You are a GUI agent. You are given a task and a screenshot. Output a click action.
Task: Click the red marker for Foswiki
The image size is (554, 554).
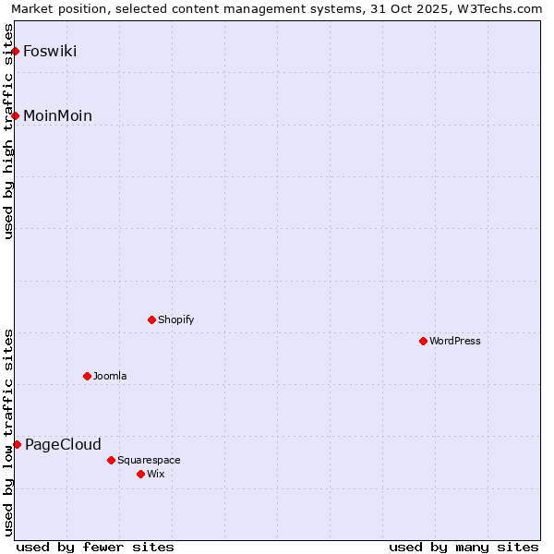coord(16,51)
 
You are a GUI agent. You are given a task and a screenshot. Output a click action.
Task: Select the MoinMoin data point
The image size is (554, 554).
coord(16,115)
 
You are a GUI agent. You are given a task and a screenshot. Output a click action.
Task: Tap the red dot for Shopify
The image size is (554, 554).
coord(151,319)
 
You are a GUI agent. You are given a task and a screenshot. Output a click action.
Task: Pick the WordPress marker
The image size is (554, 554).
coord(423,341)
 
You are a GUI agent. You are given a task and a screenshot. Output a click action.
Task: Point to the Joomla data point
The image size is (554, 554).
coord(87,376)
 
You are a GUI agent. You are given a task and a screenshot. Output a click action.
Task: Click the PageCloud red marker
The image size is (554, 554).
coord(17,444)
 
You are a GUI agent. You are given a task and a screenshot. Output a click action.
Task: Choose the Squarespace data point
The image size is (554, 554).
coord(111,460)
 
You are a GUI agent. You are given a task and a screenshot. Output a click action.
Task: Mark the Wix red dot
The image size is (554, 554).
coord(140,474)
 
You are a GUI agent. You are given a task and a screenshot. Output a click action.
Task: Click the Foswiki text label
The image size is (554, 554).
coord(50,51)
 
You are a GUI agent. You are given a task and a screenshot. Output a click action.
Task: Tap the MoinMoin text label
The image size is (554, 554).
coord(57,115)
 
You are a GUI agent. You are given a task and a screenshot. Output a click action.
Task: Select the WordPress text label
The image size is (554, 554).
coord(454,341)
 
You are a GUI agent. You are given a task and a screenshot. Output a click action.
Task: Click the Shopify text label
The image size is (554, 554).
coord(175,319)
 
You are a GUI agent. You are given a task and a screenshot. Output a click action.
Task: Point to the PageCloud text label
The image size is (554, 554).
coord(63,444)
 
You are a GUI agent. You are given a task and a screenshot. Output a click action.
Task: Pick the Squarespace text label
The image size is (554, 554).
coord(149,460)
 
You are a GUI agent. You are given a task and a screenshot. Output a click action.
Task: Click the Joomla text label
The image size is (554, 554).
coord(110,376)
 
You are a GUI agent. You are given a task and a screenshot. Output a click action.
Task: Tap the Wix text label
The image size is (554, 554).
coord(155,474)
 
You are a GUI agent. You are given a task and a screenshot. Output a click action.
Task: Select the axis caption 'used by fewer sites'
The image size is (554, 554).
coord(95,547)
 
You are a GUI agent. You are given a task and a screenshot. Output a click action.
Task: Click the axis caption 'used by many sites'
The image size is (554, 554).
coord(464,547)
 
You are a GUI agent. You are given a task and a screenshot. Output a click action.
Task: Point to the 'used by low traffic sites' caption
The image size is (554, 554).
coord(8,431)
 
